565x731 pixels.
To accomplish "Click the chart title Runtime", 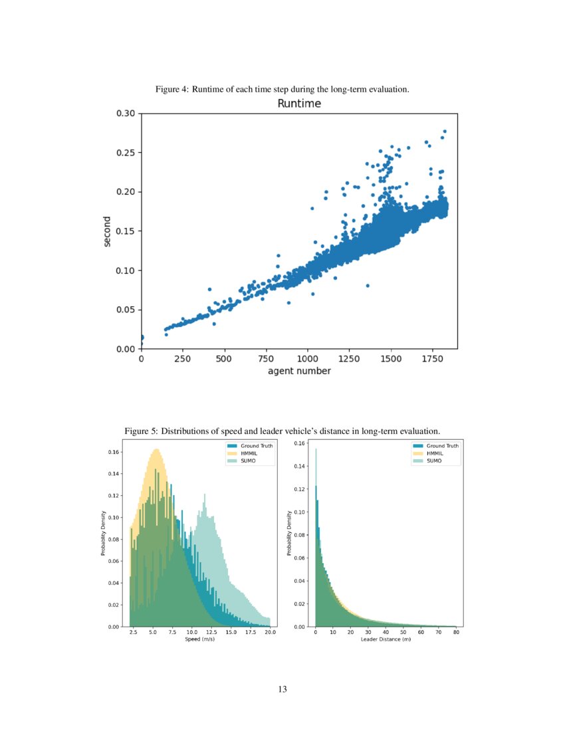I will tap(298, 104).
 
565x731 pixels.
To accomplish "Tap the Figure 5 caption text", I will tap(282, 431).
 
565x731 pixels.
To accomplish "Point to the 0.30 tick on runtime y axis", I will tap(126, 114).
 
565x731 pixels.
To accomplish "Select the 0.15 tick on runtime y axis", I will tap(126, 231).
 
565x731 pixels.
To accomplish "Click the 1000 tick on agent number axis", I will tap(308, 358).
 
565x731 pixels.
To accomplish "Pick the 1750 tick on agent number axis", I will tap(432, 358).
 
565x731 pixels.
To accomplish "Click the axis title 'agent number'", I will tap(299, 371).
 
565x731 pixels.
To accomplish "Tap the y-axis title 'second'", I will tap(107, 231).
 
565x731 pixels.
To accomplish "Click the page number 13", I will tap(282, 689).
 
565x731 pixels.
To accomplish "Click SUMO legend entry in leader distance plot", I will tap(434, 460).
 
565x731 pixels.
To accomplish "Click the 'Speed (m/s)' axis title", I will tap(200, 639).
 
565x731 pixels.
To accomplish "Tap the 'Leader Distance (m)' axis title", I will tap(386, 639).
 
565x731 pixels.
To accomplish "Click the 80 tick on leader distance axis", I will tap(456, 633).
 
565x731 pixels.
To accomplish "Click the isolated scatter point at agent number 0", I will tap(142, 338).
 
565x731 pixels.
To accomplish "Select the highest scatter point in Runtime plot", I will tap(445, 131).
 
